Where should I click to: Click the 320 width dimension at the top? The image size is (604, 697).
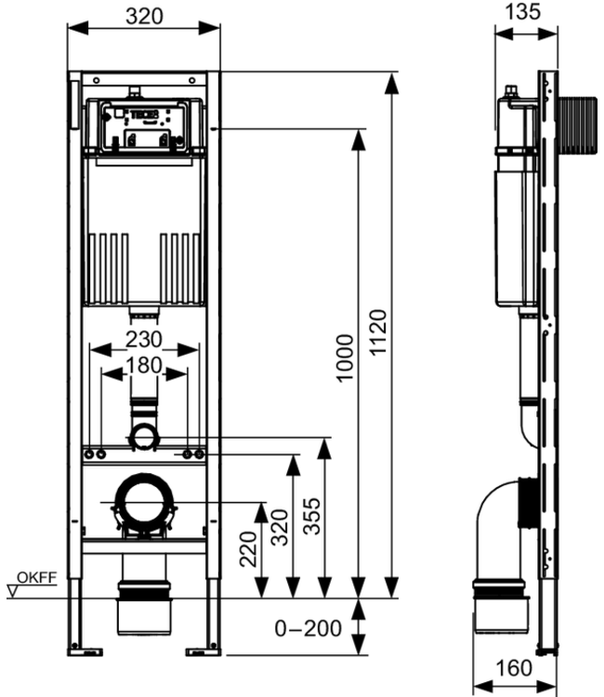pos(143,16)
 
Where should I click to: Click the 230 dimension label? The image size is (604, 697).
pos(144,340)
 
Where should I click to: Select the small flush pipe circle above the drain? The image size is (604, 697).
pos(143,434)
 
